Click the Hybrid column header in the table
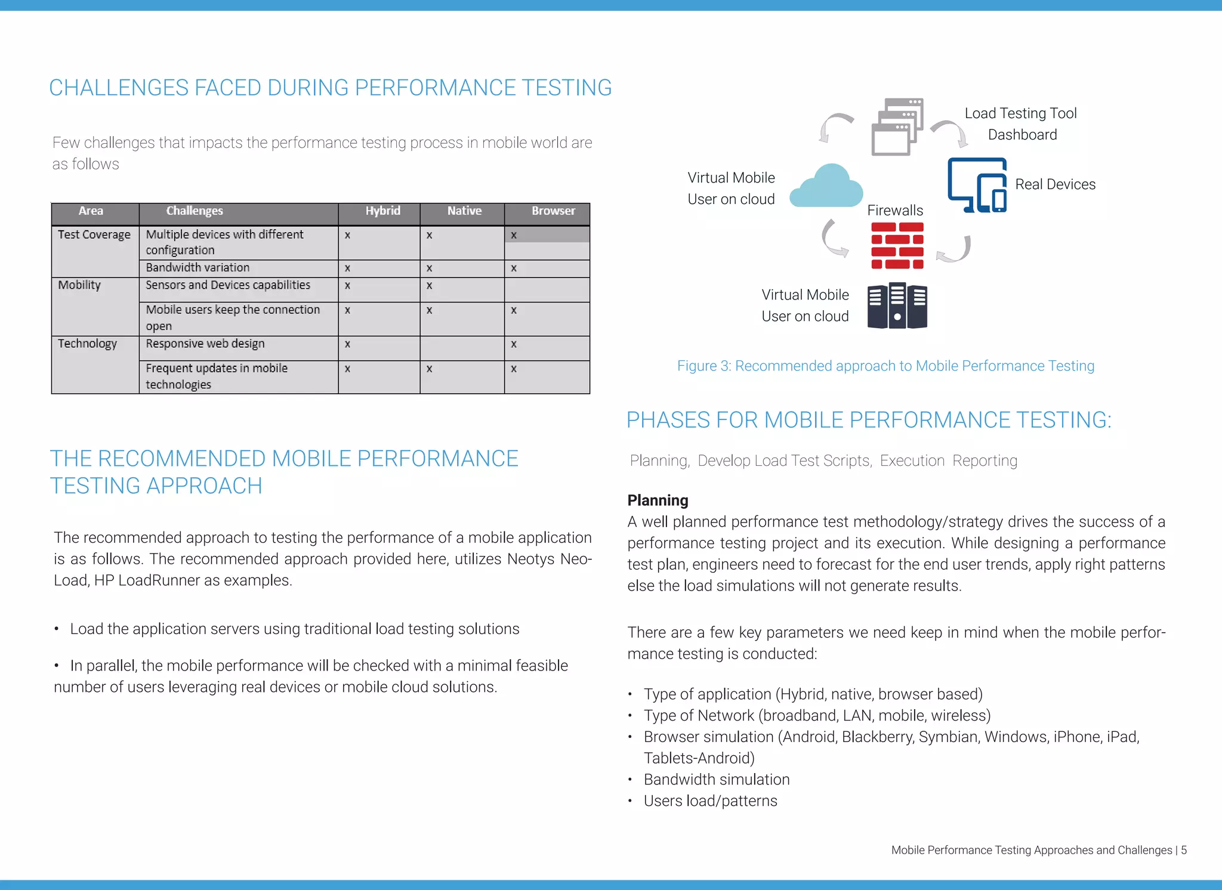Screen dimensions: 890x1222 [x=382, y=211]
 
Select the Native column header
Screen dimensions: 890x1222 [x=464, y=211]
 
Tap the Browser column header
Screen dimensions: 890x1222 [x=553, y=211]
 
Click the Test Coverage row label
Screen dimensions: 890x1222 [x=94, y=235]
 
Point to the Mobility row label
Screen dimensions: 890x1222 [x=79, y=285]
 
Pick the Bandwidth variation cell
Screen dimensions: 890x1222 [x=198, y=268]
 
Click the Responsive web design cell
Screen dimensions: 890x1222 [x=205, y=344]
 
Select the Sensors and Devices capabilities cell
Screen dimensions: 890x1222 [x=228, y=285]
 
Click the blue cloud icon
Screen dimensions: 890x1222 [x=826, y=187]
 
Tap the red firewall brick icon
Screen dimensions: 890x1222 [x=897, y=246]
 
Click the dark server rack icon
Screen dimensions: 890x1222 [x=897, y=305]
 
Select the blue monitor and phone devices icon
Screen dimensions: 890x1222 [x=977, y=185]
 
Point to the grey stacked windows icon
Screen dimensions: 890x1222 [x=897, y=126]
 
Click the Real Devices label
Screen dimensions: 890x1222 [x=1055, y=185]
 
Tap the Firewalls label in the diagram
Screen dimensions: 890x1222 [x=894, y=211]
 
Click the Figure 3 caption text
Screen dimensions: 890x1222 [x=885, y=366]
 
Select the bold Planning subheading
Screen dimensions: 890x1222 [x=658, y=500]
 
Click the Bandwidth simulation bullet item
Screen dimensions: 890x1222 [x=716, y=780]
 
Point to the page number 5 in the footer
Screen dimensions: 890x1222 [x=1184, y=850]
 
